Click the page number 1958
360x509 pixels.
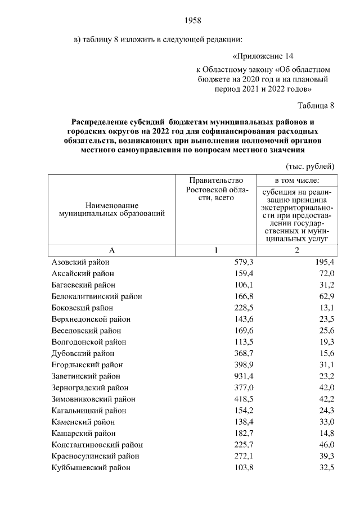pyautogui.click(x=193, y=21)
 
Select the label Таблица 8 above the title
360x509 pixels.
pyautogui.click(x=316, y=105)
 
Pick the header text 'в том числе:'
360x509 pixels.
pyautogui.click(x=296, y=181)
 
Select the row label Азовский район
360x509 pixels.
pyautogui.click(x=80, y=263)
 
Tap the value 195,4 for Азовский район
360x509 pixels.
pyautogui.click(x=324, y=263)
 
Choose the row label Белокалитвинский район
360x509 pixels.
pyautogui.click(x=96, y=296)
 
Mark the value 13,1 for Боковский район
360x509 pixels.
pyautogui.click(x=326, y=308)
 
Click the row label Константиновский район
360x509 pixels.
pyautogui.click(x=97, y=444)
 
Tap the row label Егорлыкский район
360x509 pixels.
pyautogui.click(x=84, y=365)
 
